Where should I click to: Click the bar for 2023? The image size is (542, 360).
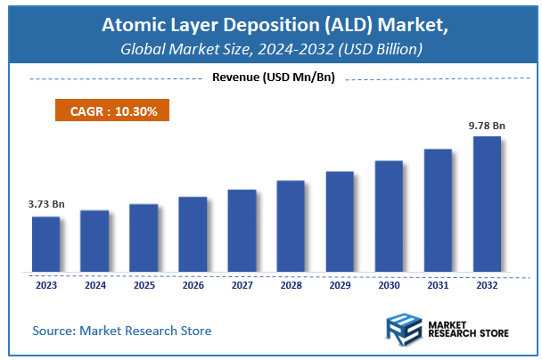pyautogui.click(x=45, y=244)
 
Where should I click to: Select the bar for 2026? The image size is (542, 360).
pyautogui.click(x=193, y=233)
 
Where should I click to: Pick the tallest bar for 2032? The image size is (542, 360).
pyautogui.click(x=487, y=204)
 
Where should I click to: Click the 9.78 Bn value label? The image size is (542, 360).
pyautogui.click(x=487, y=125)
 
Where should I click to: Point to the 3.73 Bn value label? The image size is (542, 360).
pyautogui.click(x=45, y=204)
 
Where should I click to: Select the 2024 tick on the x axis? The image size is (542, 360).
pyautogui.click(x=94, y=285)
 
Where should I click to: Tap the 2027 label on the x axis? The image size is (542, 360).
pyautogui.click(x=242, y=285)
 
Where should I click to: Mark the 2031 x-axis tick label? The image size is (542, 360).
pyautogui.click(x=438, y=285)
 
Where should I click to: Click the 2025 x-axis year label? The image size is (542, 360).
pyautogui.click(x=144, y=285)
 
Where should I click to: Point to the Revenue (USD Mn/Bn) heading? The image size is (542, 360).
pyautogui.click(x=273, y=78)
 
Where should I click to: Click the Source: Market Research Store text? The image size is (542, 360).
pyautogui.click(x=122, y=331)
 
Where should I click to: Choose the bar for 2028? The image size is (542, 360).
pyautogui.click(x=291, y=226)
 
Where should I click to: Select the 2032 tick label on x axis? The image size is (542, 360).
pyautogui.click(x=487, y=285)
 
